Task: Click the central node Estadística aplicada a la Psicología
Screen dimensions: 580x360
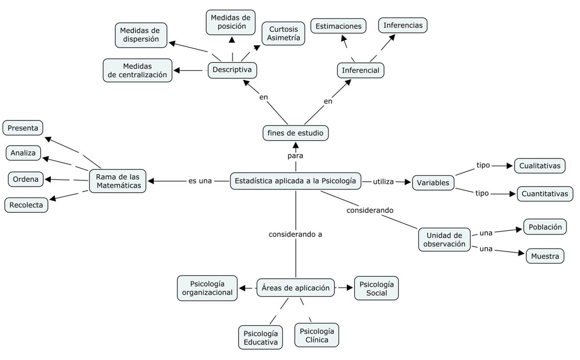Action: pos(296,181)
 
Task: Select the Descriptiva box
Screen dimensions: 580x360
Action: pos(232,70)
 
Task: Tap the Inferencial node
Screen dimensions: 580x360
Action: pos(361,71)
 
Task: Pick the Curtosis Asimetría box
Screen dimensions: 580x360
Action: pos(283,33)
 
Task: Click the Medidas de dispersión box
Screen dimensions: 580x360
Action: pos(141,35)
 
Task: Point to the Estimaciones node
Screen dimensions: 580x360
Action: pos(338,26)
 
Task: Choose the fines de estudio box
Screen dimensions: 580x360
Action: pos(296,133)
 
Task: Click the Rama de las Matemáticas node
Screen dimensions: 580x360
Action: pos(118,181)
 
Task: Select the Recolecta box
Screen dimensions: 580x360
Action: pos(26,205)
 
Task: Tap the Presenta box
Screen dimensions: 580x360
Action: pos(23,128)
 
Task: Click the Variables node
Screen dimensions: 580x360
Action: pos(433,183)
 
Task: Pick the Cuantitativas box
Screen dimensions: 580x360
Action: pos(545,194)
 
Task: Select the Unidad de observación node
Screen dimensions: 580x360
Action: pos(444,240)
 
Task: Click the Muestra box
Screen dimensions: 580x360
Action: pos(545,256)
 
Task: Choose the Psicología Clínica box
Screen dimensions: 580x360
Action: pos(316,335)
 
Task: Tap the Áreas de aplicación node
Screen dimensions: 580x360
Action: pos(296,288)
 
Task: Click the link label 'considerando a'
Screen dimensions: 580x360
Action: pos(295,235)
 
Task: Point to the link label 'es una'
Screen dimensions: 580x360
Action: pos(200,181)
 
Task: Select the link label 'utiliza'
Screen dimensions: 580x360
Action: pos(383,182)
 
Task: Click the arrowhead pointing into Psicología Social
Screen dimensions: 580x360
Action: pos(350,288)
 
